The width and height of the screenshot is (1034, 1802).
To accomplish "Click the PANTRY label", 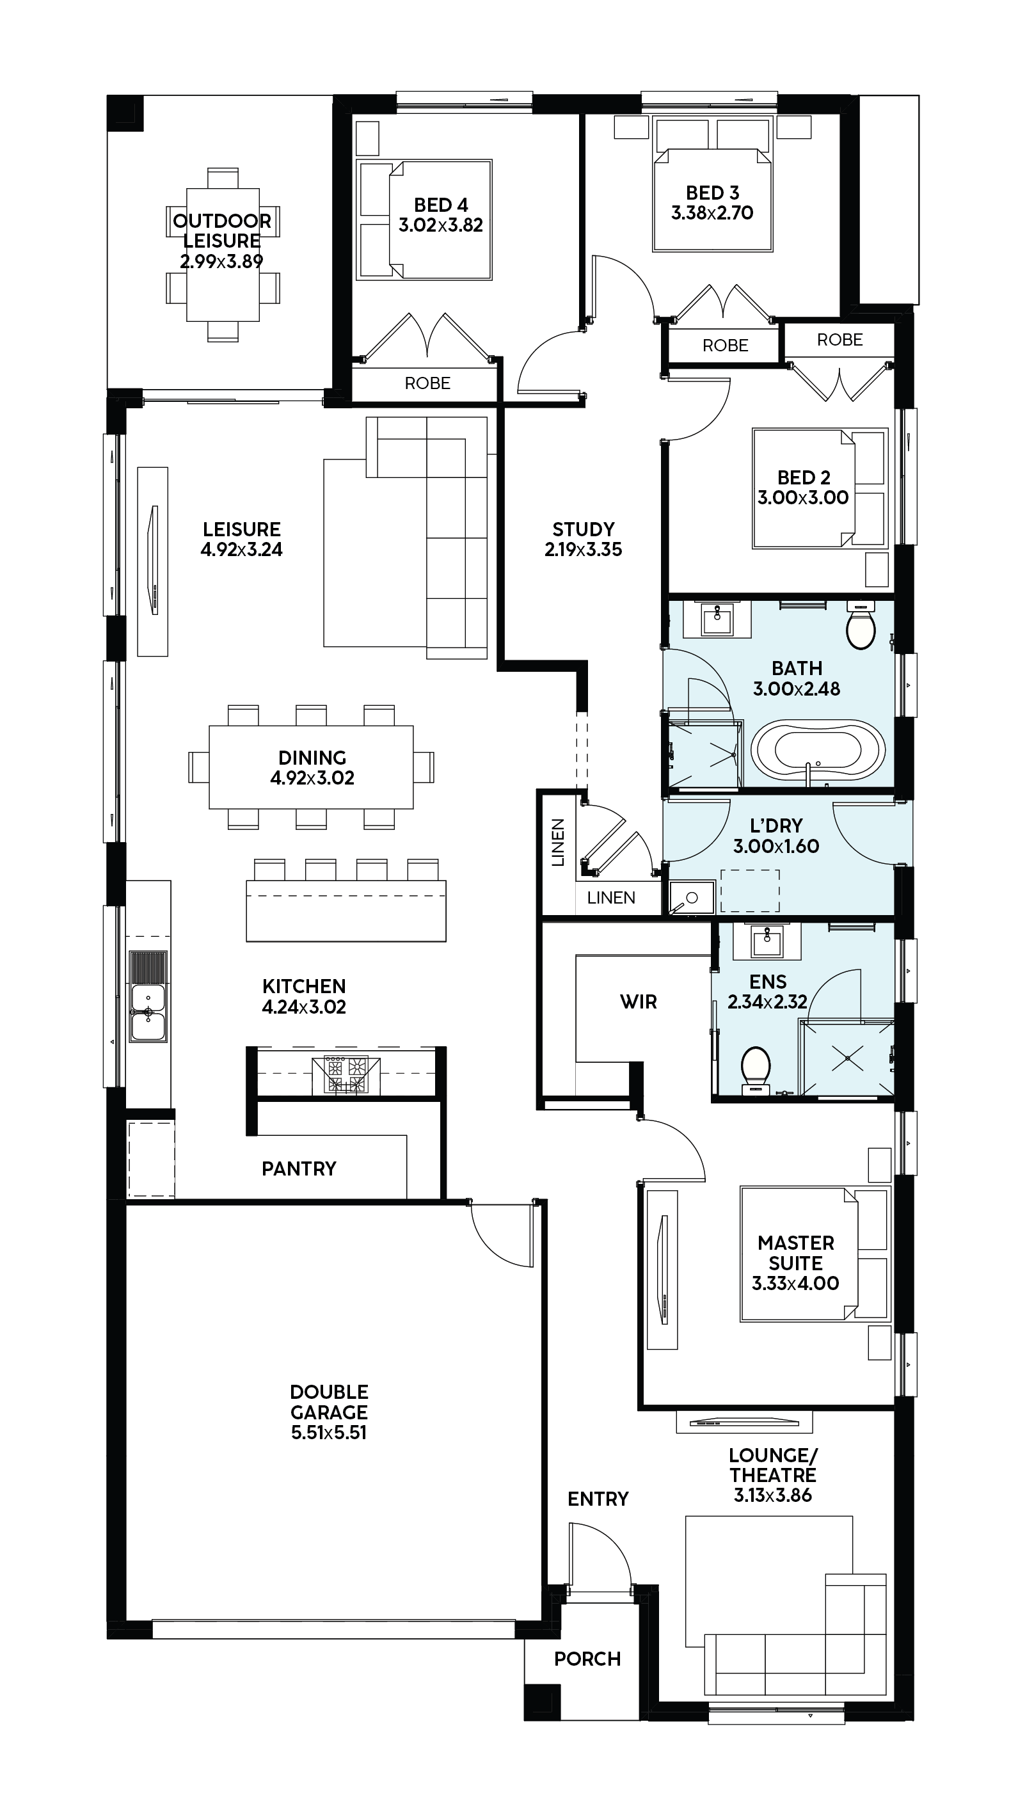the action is click(299, 1168).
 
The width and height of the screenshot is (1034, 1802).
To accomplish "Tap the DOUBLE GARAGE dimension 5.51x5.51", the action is click(329, 1432).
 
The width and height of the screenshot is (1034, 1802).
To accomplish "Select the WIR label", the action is click(639, 1002).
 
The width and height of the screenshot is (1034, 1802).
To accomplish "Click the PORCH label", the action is click(587, 1659).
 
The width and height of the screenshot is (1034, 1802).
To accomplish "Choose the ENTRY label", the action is click(598, 1499).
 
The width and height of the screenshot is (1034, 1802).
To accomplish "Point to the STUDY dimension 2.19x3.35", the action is click(583, 549).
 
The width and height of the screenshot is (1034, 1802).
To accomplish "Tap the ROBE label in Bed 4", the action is click(427, 383).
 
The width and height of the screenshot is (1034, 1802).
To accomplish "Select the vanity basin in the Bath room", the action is click(717, 620).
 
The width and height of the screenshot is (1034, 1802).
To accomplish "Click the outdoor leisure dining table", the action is click(223, 255).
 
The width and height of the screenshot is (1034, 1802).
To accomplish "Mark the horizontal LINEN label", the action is click(611, 897).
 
